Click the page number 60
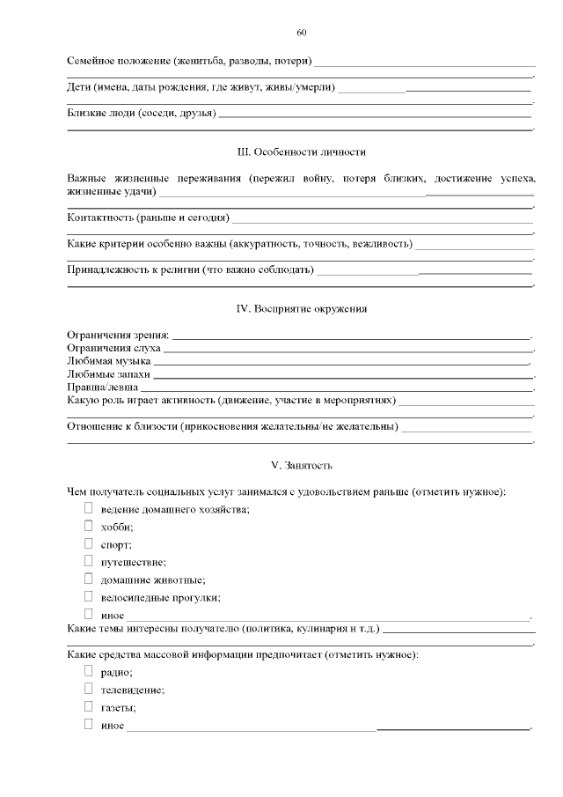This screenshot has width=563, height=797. pos(302,33)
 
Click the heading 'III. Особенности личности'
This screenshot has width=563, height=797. pos(302,152)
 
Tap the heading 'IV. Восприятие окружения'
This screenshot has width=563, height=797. pos(302,308)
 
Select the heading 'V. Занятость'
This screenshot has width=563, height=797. pos(302,464)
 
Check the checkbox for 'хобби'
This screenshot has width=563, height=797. pos(88,526)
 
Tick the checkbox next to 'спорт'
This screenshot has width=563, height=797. pos(88,543)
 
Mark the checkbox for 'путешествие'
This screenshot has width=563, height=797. pos(88,561)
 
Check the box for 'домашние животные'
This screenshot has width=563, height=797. pos(88,579)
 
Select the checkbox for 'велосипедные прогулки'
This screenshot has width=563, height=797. pos(88,596)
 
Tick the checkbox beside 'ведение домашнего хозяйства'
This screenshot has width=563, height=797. pos(88,508)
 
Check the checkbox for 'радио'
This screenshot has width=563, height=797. pos(88,671)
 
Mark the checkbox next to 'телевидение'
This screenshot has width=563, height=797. pos(88,689)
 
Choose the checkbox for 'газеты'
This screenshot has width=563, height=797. pos(88,706)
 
